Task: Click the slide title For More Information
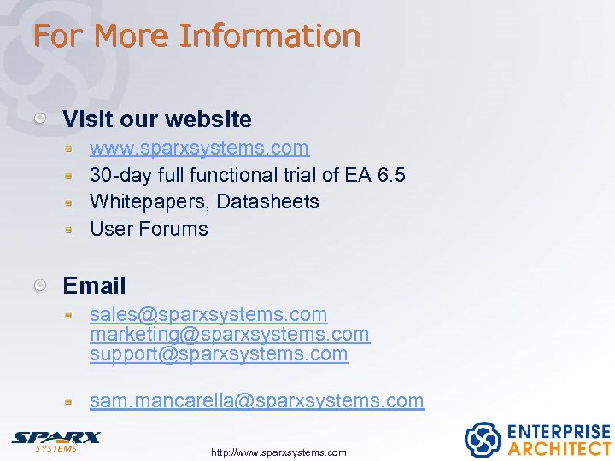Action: click(196, 36)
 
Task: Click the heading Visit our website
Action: click(157, 119)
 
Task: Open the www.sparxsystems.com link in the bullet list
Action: click(199, 148)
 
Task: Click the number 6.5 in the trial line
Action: click(390, 175)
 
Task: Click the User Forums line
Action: click(149, 229)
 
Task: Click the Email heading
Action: click(94, 285)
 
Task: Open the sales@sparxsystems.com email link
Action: click(208, 315)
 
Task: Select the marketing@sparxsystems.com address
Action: click(230, 334)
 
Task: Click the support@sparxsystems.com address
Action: click(219, 353)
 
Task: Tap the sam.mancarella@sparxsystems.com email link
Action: click(256, 400)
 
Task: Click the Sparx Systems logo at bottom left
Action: click(56, 441)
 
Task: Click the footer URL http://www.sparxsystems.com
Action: click(278, 452)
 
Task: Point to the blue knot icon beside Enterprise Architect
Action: click(482, 440)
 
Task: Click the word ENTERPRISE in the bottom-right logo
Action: click(559, 431)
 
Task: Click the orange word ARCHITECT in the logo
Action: click(559, 448)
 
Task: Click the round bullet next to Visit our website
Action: click(40, 119)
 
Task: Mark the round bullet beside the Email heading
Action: click(40, 285)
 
